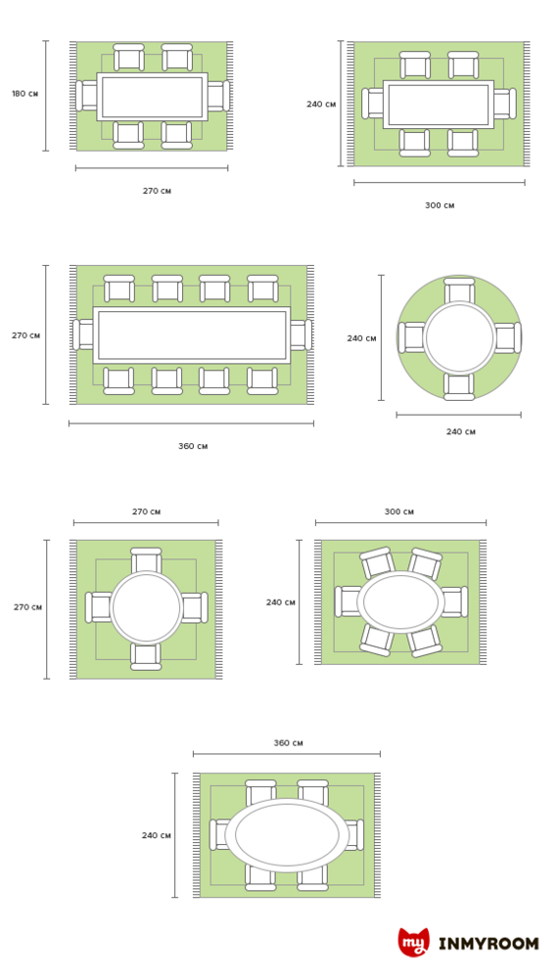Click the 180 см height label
pos(25,94)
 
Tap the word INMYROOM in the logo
pos(489,943)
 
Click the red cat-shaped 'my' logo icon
pos(413,942)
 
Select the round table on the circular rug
pos(459,337)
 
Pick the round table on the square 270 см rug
pos(146,607)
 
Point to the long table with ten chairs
pos(191,334)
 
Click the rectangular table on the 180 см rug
pos(152,97)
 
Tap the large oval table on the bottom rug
pos(287,835)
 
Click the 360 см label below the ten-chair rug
pos(193,447)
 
